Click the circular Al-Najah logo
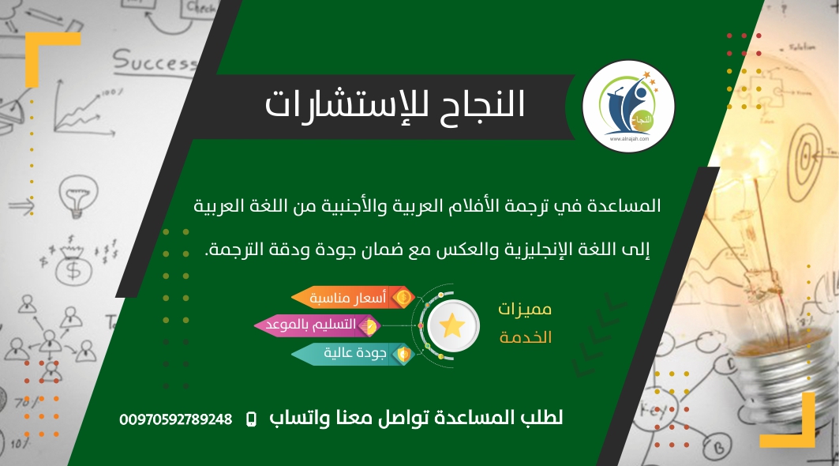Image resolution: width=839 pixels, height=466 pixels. pos(628,107)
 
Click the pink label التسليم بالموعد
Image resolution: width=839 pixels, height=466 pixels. pos(316,325)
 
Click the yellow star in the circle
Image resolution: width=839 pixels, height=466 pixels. pos(452,325)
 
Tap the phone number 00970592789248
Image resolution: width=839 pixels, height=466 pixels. pos(176,419)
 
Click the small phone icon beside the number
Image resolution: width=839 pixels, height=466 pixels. pos(252,419)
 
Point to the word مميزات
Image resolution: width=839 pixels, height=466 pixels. pos(526,308)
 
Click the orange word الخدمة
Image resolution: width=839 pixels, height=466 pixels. pos(526,337)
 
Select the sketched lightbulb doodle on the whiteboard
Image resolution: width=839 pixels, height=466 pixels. pos(80,194)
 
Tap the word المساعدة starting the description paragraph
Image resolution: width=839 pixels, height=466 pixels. pos(623,207)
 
